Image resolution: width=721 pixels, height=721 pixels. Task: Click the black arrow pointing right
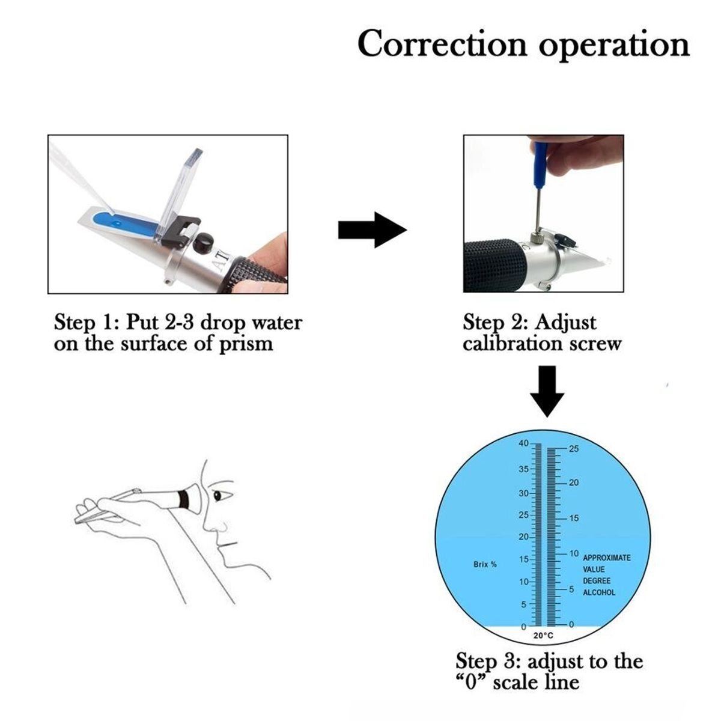[x=373, y=230]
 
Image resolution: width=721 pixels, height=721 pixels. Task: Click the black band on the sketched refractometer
[x=184, y=499]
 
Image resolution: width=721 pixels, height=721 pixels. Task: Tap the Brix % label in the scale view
[x=485, y=565]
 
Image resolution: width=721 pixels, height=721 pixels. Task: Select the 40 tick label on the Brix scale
[x=523, y=443]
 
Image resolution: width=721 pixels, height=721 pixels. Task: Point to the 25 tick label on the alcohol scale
[x=572, y=449]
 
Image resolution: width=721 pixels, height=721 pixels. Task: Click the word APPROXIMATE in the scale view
[x=607, y=558]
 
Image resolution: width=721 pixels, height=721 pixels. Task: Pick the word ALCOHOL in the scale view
[x=599, y=592]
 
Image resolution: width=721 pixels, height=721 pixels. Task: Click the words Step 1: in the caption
[x=84, y=323]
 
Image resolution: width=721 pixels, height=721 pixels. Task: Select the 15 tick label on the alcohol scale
[x=573, y=519]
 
